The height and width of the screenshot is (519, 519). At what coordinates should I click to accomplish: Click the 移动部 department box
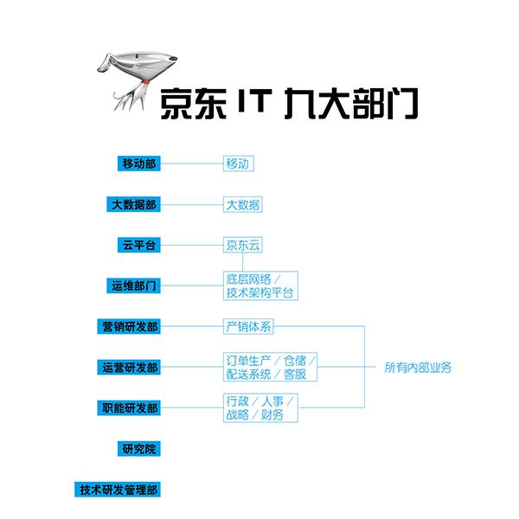click(139, 163)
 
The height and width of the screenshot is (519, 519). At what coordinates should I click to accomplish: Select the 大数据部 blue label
click(133, 204)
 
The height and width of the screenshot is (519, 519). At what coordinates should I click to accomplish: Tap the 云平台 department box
click(139, 245)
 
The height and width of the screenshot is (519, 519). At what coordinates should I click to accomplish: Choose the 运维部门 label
click(133, 285)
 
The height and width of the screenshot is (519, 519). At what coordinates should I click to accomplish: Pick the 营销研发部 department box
click(129, 326)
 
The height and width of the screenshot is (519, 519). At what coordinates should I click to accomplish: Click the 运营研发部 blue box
click(129, 367)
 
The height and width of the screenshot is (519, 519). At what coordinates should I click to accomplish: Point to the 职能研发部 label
click(129, 407)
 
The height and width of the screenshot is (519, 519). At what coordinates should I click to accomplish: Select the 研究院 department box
click(139, 448)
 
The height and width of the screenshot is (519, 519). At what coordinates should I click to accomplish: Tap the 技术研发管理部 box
click(118, 490)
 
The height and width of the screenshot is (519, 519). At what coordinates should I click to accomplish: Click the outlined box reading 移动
click(239, 163)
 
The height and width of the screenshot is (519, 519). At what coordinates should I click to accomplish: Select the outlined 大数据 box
click(242, 204)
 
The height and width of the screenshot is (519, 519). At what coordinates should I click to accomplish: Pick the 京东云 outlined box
click(242, 245)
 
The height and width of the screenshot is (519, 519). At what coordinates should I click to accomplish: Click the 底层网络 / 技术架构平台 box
click(260, 285)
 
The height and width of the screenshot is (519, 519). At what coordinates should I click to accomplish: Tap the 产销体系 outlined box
click(248, 326)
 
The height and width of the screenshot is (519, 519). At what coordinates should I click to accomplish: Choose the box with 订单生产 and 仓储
click(270, 367)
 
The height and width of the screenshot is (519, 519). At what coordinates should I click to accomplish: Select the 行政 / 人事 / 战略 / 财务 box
click(260, 407)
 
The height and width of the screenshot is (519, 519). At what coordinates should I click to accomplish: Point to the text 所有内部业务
click(418, 368)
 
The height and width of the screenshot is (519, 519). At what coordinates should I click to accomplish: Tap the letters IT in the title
click(255, 100)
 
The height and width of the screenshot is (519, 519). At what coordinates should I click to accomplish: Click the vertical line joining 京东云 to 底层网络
click(242, 262)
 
